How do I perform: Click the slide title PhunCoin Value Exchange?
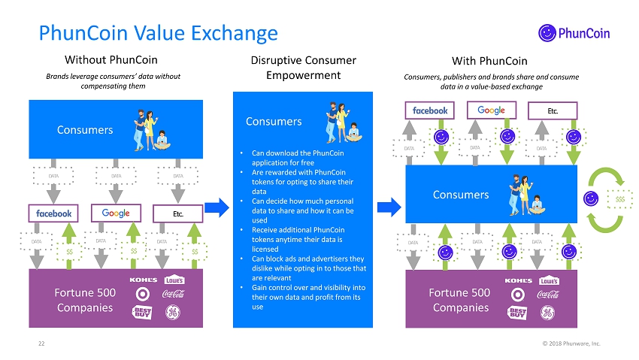[158, 33]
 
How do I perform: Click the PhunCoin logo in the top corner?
[574, 32]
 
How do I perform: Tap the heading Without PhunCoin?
[111, 60]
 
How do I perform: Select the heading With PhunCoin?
[489, 60]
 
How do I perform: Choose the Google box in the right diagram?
[491, 110]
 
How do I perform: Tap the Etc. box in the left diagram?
[177, 213]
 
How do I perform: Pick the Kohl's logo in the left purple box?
[144, 280]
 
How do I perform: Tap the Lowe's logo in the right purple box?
[550, 280]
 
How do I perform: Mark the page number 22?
[42, 343]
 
